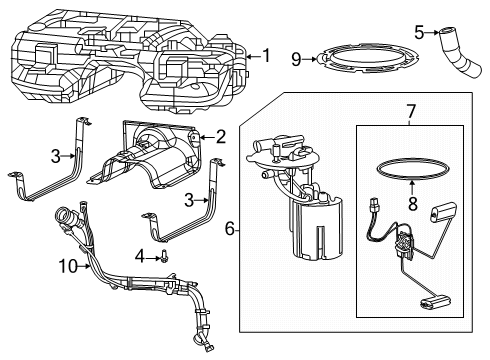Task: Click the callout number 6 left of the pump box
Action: click(230, 229)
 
